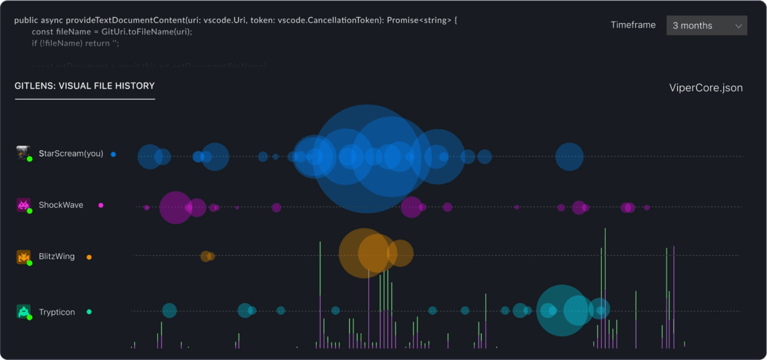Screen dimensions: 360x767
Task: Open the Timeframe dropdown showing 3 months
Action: pyautogui.click(x=706, y=26)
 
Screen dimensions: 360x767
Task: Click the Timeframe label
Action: pyautogui.click(x=633, y=25)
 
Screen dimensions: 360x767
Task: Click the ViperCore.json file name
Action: pyautogui.click(x=705, y=88)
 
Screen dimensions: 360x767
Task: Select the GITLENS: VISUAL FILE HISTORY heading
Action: pyautogui.click(x=85, y=86)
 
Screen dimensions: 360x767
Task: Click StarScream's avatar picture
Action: pyautogui.click(x=24, y=153)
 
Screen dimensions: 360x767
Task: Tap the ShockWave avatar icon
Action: pyautogui.click(x=24, y=205)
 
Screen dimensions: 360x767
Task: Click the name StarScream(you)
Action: pyautogui.click(x=71, y=154)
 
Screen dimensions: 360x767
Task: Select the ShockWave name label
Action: pyautogui.click(x=61, y=205)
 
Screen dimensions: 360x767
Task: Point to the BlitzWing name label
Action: pyautogui.click(x=56, y=257)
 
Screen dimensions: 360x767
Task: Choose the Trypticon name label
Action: pyautogui.click(x=56, y=312)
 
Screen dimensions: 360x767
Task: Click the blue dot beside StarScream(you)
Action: pyautogui.click(x=113, y=154)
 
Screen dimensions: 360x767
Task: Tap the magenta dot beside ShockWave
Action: pyautogui.click(x=101, y=205)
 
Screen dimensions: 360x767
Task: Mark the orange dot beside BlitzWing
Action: pyautogui.click(x=89, y=257)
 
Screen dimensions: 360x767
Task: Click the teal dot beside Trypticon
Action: pyautogui.click(x=89, y=312)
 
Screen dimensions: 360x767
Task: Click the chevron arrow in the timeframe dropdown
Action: pyautogui.click(x=739, y=26)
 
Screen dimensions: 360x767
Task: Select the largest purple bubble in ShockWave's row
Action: pyautogui.click(x=175, y=207)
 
